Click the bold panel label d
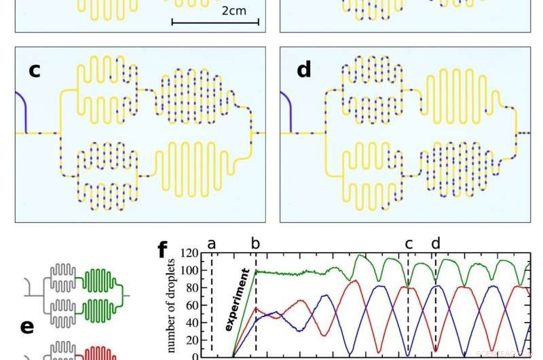pos(303,69)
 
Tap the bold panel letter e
pos(27,327)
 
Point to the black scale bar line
pos(215,23)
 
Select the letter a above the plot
pos(212,243)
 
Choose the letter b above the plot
pos(256,243)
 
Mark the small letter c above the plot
pos(408,243)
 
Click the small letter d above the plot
pos(435,242)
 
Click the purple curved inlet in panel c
pos(22,112)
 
